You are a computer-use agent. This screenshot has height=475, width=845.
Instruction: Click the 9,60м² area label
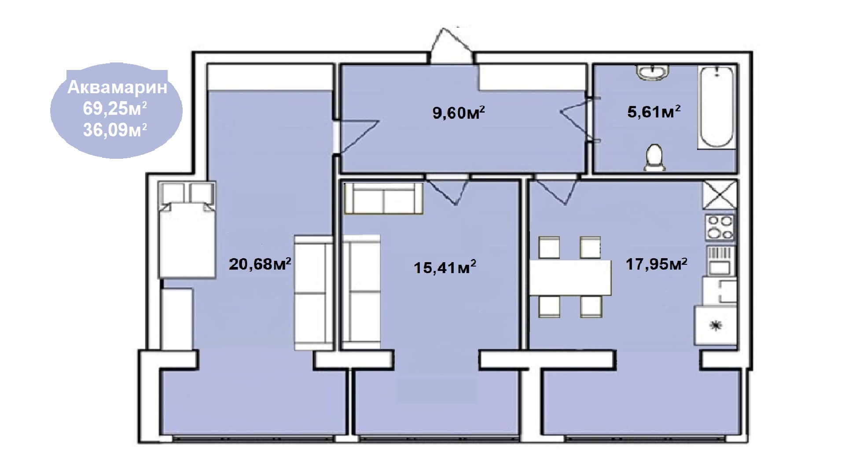coord(459,113)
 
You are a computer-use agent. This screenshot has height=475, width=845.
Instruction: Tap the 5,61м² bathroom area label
coord(654,112)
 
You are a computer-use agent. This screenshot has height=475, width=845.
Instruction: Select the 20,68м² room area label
coord(260,264)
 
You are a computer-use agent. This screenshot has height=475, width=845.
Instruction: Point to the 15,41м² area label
coord(445,267)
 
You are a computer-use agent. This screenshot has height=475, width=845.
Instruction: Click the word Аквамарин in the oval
coord(118,87)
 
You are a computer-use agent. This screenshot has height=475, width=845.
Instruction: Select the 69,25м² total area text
coord(115,109)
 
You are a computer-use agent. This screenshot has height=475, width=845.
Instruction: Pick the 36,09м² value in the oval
coord(115,130)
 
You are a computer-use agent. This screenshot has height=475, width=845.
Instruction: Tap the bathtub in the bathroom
coord(716,108)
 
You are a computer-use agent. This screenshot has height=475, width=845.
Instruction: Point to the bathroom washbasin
coord(653,73)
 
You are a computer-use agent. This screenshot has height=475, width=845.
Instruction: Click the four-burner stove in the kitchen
coord(720,227)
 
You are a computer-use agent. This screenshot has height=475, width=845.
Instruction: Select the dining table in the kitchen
coord(570,278)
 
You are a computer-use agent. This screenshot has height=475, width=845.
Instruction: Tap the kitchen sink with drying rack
coord(720,260)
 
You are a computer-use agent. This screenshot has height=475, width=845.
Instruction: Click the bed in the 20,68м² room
coord(187,230)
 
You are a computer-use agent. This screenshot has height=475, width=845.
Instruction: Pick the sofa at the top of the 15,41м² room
coord(383,198)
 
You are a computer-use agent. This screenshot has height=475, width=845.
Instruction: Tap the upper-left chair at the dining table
coord(549,247)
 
